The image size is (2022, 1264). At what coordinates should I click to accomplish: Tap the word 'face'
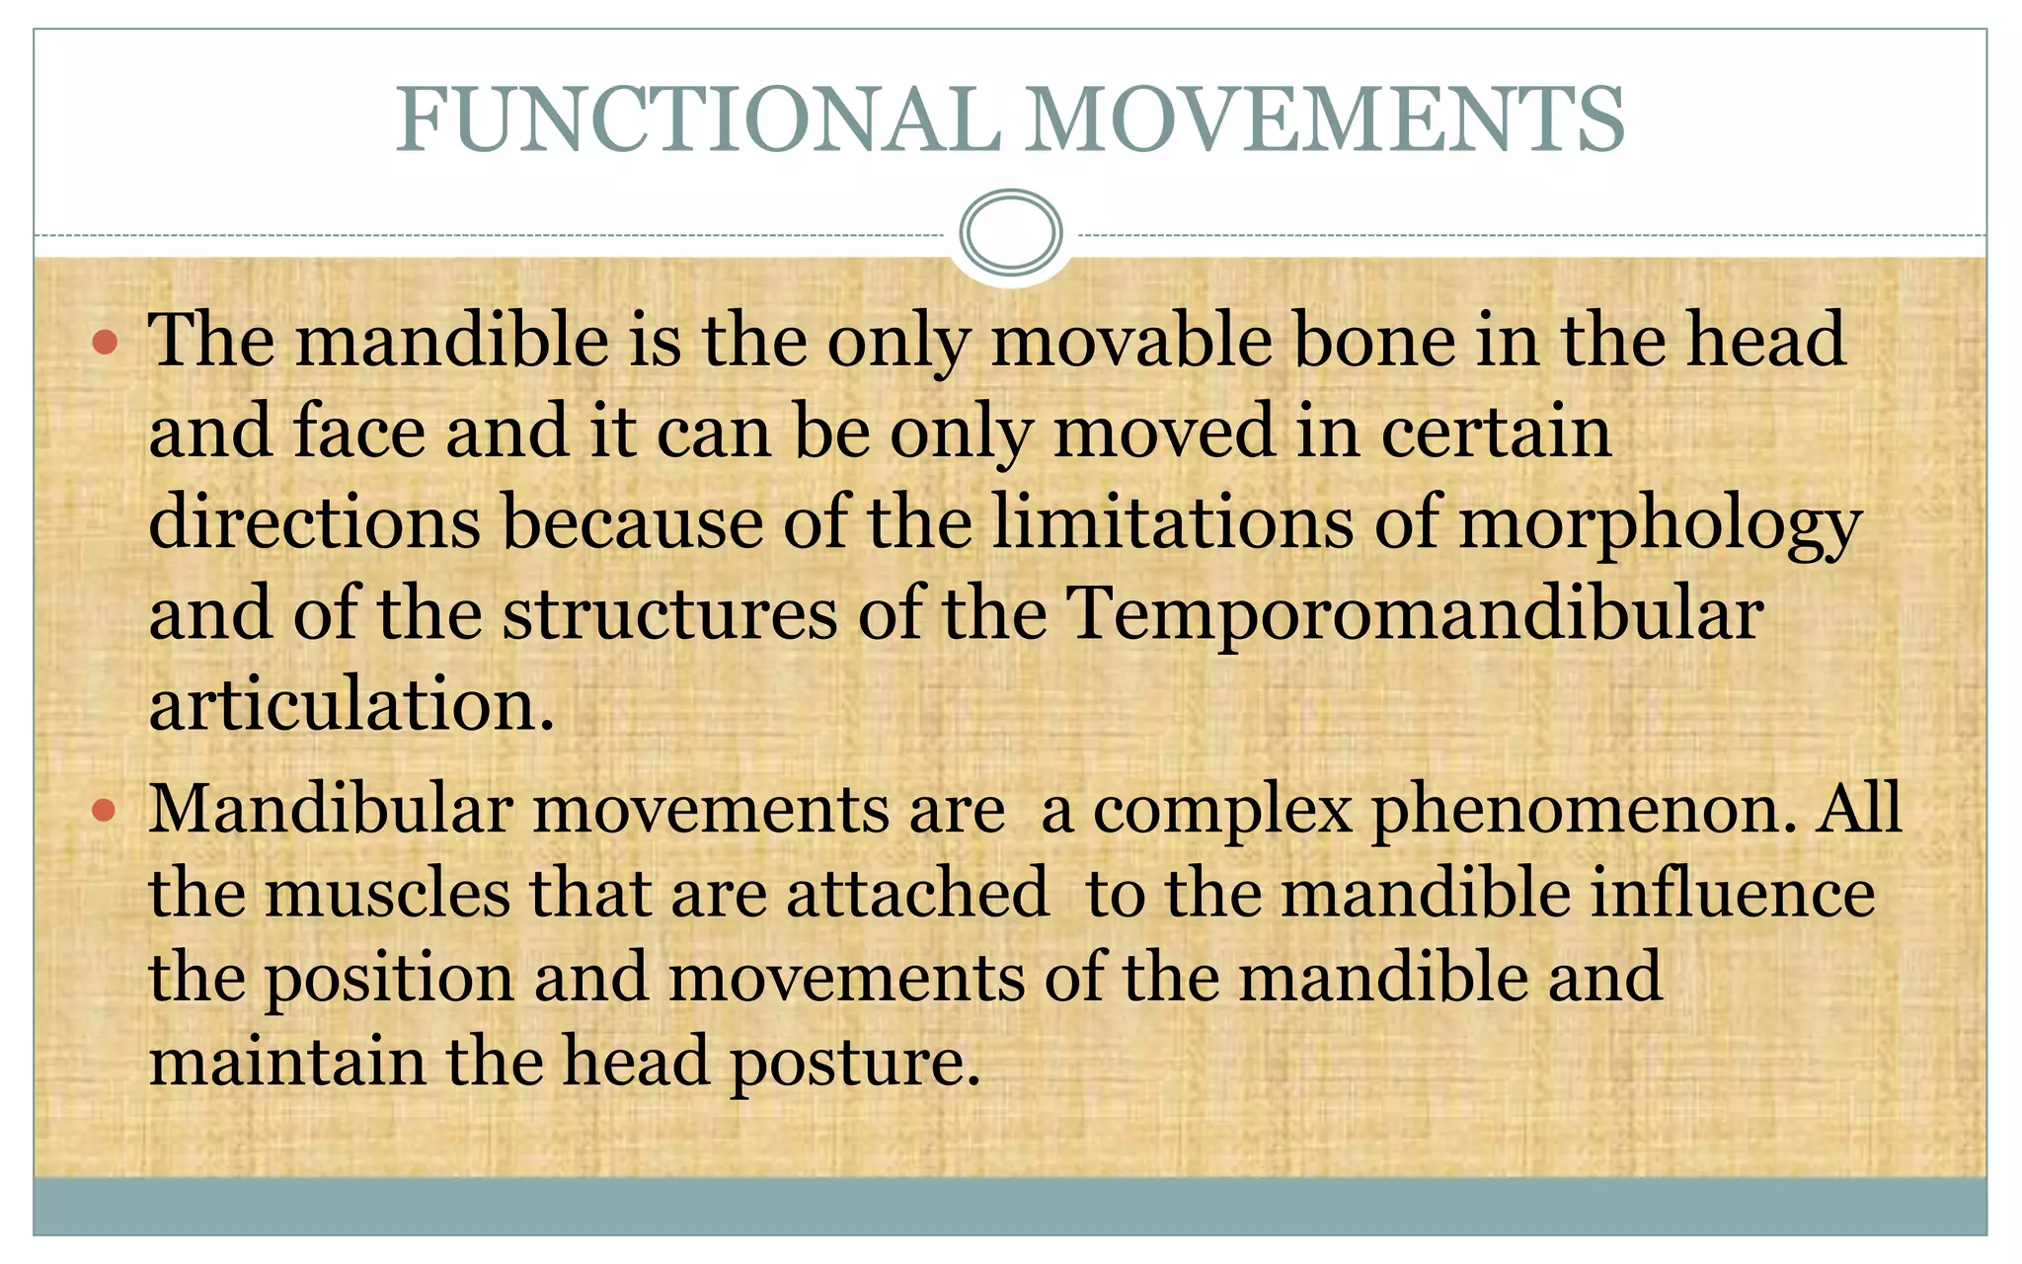pos(359,433)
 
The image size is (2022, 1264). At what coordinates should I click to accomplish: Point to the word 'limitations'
pos(1172,523)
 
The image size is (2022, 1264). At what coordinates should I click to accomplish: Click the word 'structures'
pos(670,615)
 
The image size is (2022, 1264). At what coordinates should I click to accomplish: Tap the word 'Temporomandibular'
pos(1415,615)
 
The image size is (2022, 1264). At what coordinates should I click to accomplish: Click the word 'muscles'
pos(387,895)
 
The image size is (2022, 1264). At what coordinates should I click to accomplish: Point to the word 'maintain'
pos(287,1063)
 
